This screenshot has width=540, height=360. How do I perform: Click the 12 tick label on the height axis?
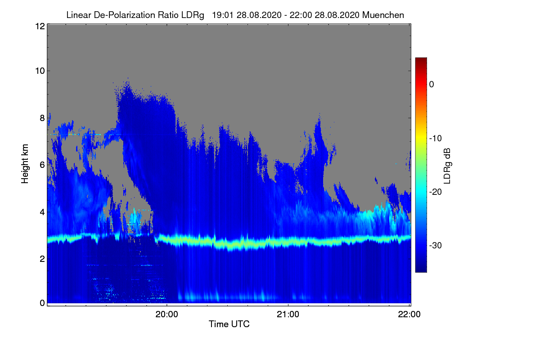pos(40,26)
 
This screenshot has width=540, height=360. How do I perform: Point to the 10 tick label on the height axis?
pos(40,71)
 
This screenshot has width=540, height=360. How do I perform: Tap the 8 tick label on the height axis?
pos(42,118)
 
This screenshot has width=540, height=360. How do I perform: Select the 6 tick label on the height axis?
pos(42,165)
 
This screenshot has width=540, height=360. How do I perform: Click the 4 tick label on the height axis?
pos(42,212)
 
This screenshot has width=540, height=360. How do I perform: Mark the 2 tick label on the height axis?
pos(42,259)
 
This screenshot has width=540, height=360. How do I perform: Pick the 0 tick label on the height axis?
pos(42,303)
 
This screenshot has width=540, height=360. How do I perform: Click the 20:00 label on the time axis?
pos(166,315)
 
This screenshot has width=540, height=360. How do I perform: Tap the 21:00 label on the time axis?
pos(288,315)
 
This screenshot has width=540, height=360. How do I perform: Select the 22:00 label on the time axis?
pos(409,315)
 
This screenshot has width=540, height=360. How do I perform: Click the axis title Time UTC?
pos(229,324)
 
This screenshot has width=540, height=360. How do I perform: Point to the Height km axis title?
pos(25,164)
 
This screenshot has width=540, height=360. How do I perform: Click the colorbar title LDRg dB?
pos(447,166)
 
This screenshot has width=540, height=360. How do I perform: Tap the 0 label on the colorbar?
pos(432,85)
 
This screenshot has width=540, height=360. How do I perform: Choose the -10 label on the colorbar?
pos(436,139)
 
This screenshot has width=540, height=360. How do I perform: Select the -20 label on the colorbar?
pos(436,192)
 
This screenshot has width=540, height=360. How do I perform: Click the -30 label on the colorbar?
pos(436,246)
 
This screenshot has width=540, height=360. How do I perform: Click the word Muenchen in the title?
pos(383,15)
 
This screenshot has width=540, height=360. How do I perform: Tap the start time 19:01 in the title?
pos(223,15)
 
